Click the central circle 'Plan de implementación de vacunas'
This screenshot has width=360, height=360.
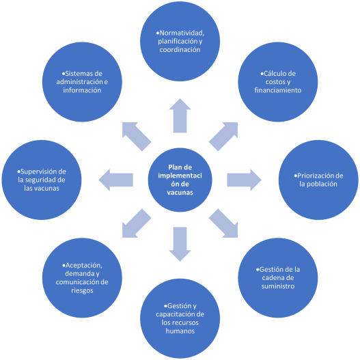coord(180,180)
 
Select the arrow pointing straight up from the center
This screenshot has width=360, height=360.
coord(180,115)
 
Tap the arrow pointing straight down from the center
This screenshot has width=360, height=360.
coord(180,244)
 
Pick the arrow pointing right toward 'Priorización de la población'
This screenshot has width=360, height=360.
coord(244,180)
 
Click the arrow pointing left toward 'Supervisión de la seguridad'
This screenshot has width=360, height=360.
coord(115,180)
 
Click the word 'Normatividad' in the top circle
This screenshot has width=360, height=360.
coord(182,33)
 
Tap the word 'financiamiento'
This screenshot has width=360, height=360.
coord(278,90)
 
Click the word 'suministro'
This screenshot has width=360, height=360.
coord(278,286)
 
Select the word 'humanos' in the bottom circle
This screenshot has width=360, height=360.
coord(180,331)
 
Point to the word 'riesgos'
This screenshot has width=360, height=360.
coord(82,290)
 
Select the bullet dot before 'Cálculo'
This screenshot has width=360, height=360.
coord(262,74)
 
